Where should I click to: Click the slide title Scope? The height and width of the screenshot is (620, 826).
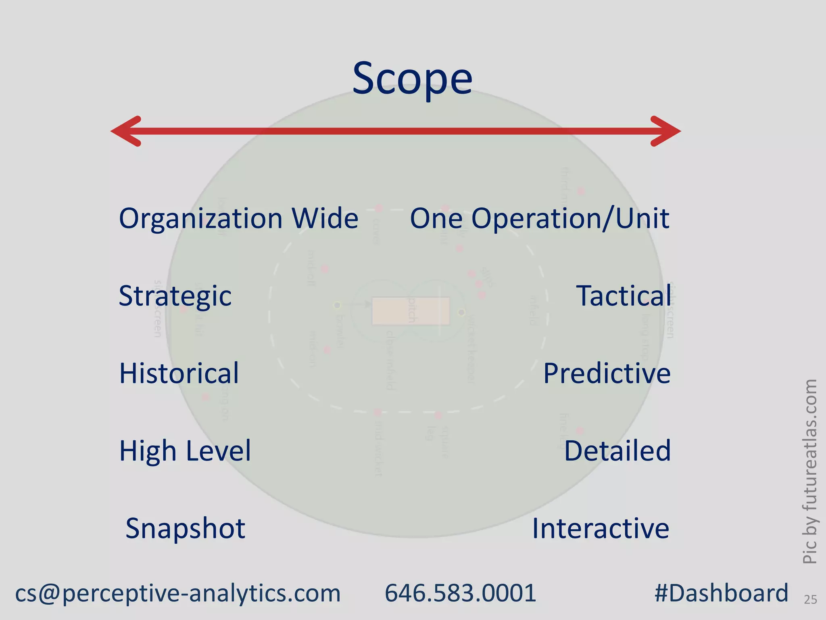(x=412, y=78)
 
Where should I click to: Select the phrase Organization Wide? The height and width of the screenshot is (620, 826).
(x=238, y=218)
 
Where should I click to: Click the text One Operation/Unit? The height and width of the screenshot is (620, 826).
(x=539, y=218)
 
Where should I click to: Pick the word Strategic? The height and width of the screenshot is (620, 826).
(x=175, y=296)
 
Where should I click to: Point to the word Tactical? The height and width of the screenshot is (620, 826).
(x=624, y=296)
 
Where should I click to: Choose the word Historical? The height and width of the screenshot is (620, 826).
(x=179, y=373)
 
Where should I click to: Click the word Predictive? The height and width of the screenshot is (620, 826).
(x=607, y=373)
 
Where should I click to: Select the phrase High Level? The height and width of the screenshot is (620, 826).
(x=185, y=450)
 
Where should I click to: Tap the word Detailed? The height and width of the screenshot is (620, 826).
(x=617, y=450)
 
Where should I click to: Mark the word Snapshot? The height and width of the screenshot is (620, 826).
(x=185, y=528)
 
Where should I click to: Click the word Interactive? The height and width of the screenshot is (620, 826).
(x=601, y=528)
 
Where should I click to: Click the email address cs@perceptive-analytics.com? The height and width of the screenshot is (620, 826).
(x=178, y=593)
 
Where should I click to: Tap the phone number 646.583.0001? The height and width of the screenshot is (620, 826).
(x=460, y=593)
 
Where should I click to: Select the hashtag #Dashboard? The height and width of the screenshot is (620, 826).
(x=721, y=593)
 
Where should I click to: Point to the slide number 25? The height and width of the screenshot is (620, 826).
(x=810, y=600)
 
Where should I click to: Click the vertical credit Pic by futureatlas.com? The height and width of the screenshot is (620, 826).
(x=809, y=471)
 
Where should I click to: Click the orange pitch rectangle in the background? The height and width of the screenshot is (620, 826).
(x=387, y=311)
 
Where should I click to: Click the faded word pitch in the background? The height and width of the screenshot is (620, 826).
(x=411, y=310)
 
